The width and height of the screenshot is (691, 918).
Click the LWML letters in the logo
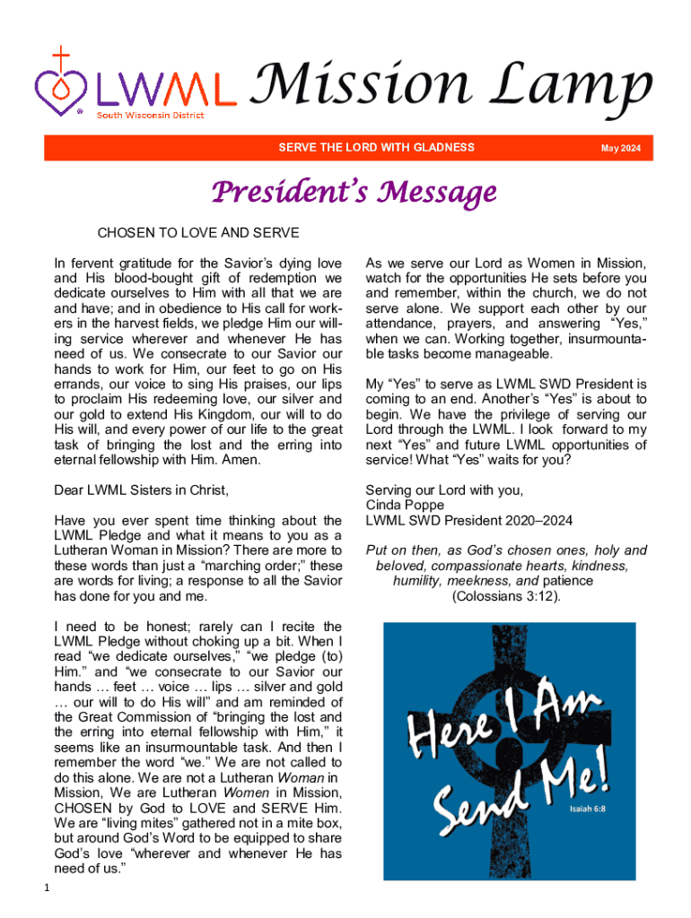167,90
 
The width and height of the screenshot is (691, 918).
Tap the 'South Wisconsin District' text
150,115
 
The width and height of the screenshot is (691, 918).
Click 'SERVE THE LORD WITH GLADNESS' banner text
376,147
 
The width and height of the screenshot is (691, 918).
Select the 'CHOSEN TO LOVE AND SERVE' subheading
197,234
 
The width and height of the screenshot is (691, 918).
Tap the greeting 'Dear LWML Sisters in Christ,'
142,489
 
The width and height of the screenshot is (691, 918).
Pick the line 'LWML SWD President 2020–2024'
468,520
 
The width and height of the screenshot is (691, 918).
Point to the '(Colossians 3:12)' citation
506,595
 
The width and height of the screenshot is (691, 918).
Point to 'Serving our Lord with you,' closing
444,489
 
